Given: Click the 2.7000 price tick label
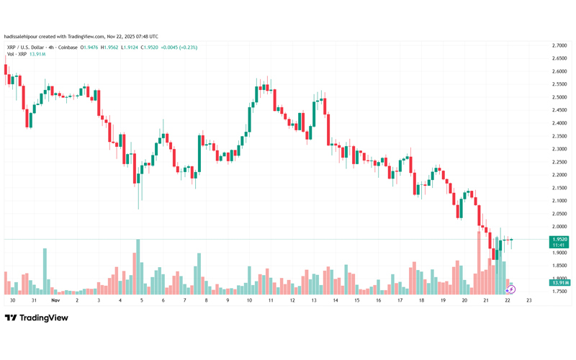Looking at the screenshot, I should pyautogui.click(x=558, y=45).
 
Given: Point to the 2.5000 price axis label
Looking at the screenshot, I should pyautogui.click(x=558, y=97).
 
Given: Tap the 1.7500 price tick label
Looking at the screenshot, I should pyautogui.click(x=558, y=292).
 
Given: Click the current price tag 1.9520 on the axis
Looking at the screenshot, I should pyautogui.click(x=559, y=239).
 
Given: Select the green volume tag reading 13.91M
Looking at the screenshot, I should pyautogui.click(x=559, y=283).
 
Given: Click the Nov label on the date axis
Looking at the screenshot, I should pyautogui.click(x=55, y=300).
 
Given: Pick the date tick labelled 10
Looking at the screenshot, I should pyautogui.click(x=249, y=300).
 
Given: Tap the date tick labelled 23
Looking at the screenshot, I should pyautogui.click(x=529, y=300).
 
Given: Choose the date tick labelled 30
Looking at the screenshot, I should pyautogui.click(x=12, y=300).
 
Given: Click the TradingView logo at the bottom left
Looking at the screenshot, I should pyautogui.click(x=36, y=318).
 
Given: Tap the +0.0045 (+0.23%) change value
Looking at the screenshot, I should pyautogui.click(x=179, y=48).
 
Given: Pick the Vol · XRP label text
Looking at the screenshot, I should pyautogui.click(x=17, y=54).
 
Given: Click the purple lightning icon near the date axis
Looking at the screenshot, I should pyautogui.click(x=511, y=289).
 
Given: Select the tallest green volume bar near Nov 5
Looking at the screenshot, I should pyautogui.click(x=137, y=266).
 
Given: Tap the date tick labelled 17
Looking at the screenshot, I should pyautogui.click(x=400, y=300).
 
